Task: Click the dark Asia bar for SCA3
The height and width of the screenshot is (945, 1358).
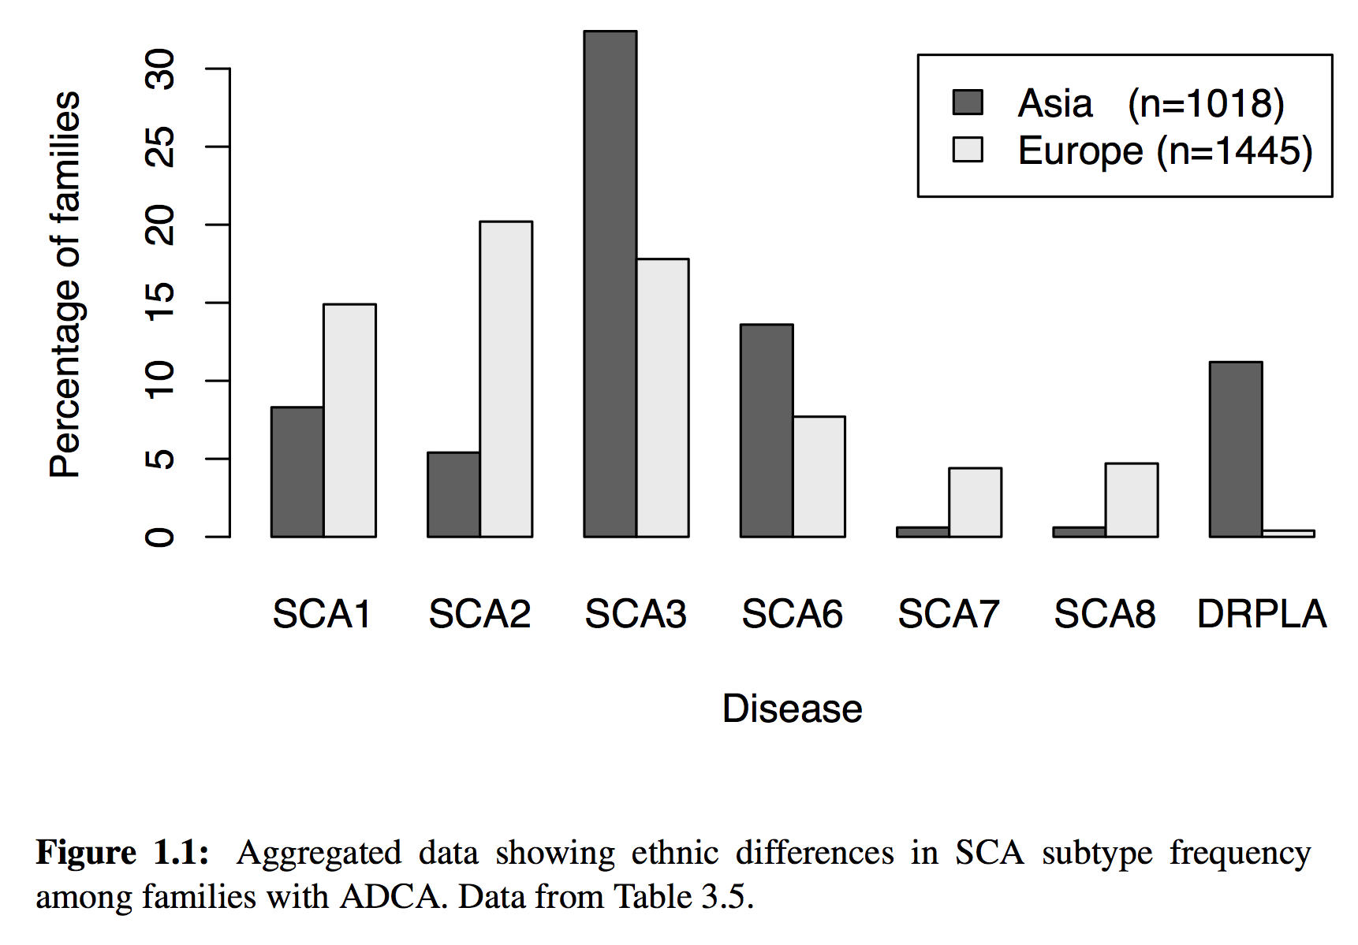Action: point(610,284)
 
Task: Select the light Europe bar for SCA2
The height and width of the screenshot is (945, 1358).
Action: point(506,378)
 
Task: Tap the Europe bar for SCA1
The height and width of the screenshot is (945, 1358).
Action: point(349,420)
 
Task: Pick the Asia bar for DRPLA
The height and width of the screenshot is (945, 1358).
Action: point(1235,449)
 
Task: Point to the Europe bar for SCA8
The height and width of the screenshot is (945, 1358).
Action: point(1131,500)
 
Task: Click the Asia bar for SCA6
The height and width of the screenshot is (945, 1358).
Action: point(766,430)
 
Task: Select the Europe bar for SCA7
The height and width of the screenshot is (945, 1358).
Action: point(975,502)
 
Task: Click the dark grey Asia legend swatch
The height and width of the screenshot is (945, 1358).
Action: point(967,102)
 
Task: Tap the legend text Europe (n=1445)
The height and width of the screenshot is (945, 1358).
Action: point(1164,151)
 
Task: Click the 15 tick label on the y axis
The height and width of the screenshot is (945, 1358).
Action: point(160,303)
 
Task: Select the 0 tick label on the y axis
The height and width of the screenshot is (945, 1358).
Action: point(160,537)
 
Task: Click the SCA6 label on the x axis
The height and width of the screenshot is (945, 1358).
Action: point(792,614)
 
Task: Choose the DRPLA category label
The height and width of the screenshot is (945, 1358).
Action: point(1261,614)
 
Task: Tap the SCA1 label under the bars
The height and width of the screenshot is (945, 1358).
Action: point(322,614)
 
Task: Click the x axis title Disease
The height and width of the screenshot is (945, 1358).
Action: point(792,708)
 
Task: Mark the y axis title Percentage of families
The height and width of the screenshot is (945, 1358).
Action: point(65,284)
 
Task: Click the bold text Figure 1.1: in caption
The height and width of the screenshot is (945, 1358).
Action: point(122,853)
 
